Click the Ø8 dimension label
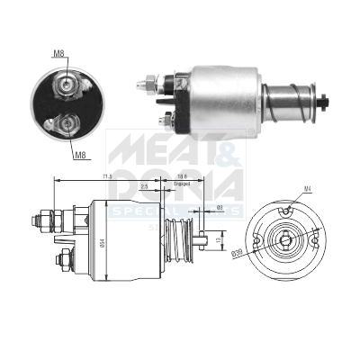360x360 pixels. (220, 208)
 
